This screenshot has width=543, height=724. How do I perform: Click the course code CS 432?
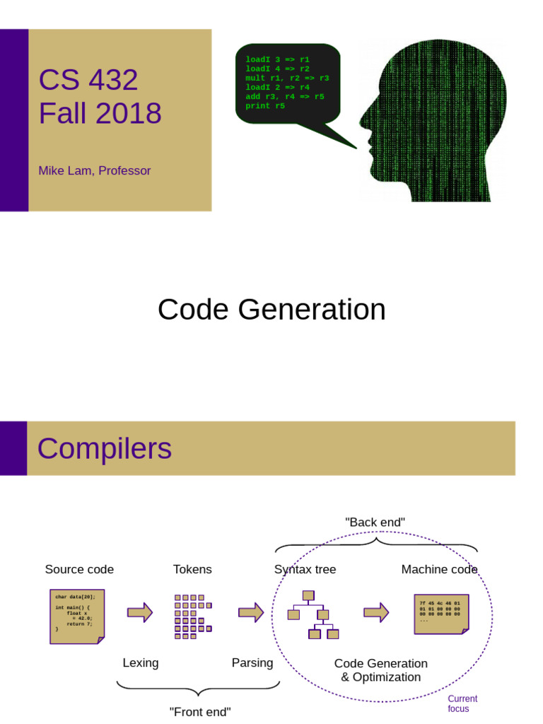pos(88,80)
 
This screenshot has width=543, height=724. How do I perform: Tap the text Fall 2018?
pos(100,113)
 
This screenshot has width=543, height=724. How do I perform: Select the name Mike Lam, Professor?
pos(95,170)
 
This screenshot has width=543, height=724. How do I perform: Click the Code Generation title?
pos(271,310)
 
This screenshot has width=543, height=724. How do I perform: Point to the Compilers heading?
pos(104,448)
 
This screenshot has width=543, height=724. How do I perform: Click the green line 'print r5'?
pos(265,106)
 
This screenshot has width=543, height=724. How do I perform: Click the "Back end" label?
pos(375,522)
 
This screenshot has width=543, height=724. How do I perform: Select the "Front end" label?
pos(200,711)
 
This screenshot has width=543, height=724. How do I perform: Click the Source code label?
pos(79,569)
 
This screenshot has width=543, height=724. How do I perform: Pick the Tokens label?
pos(192,569)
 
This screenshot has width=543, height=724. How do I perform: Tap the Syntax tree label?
pos(305,569)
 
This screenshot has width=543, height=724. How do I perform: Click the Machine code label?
pos(439,569)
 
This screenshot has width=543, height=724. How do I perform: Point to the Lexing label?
pos(141,662)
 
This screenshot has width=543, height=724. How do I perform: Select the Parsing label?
pos(252,662)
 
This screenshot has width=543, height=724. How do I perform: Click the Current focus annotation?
pos(462,703)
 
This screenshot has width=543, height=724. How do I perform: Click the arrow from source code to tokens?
pos(140,612)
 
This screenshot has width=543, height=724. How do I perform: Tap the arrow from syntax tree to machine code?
pos(376,612)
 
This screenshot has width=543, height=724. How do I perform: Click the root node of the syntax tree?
pos(308,595)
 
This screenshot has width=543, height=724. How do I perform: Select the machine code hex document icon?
pos(441,614)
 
